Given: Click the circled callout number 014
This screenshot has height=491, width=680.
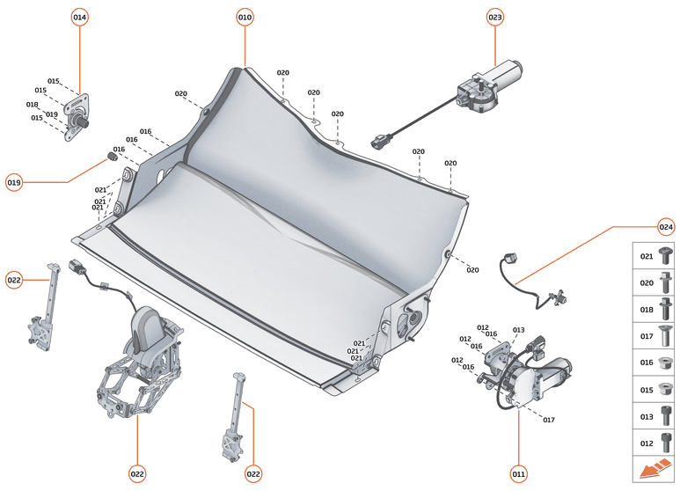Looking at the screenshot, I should (80, 17).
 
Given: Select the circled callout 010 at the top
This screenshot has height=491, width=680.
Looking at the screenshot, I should (245, 17).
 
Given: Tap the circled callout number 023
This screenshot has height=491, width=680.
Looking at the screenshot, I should (495, 17).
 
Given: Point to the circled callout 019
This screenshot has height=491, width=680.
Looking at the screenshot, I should (14, 182).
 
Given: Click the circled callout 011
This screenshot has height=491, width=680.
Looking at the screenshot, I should (518, 474).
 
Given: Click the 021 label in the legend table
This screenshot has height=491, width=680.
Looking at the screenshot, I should (647, 256).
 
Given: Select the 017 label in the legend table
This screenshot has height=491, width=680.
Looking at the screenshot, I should (647, 335).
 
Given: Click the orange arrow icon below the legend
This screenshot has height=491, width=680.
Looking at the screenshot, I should (654, 472).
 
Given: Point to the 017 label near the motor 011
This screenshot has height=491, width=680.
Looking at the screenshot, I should (548, 420).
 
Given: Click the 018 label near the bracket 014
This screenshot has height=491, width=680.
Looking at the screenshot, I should (33, 105).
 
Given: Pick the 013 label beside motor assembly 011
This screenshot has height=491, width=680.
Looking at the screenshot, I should (518, 330).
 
